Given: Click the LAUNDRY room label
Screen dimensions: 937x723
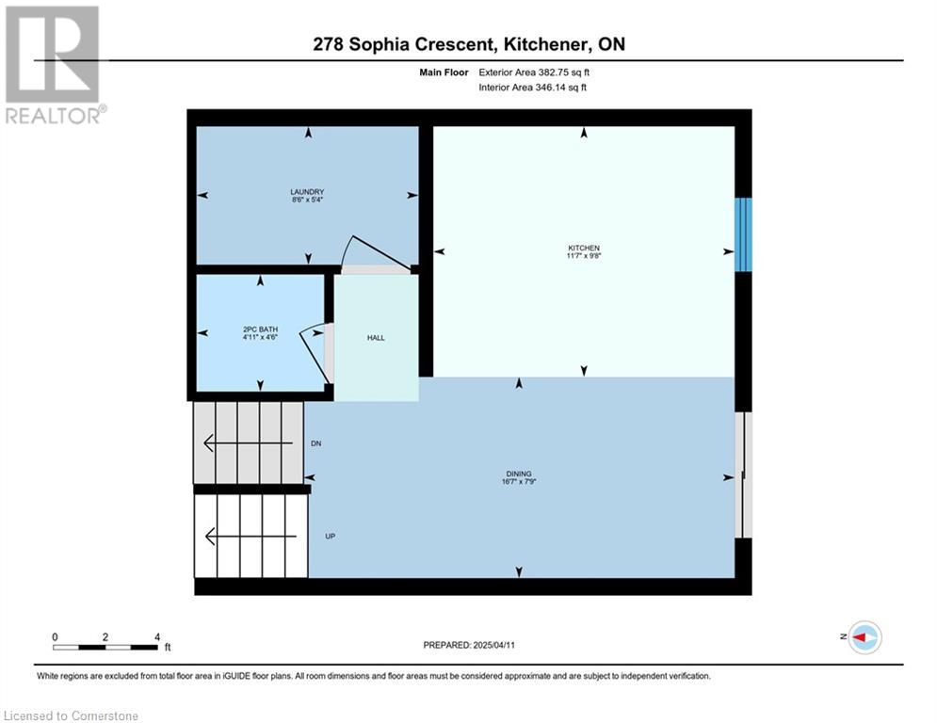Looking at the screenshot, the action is (307, 192).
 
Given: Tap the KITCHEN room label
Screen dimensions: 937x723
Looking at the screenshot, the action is (584, 248).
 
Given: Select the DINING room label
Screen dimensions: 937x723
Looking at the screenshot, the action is (519, 474).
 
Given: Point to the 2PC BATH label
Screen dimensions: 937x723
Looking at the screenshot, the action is (261, 329).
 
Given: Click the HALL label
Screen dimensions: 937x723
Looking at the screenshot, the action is (376, 338).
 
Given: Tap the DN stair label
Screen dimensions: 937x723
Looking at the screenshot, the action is (316, 443).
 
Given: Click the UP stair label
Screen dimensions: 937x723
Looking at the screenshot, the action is (330, 536).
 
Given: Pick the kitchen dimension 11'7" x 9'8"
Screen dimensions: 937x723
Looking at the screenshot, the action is (584, 256).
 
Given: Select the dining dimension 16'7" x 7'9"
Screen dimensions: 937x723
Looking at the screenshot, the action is (519, 482).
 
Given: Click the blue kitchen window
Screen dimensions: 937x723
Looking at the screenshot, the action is (743, 234).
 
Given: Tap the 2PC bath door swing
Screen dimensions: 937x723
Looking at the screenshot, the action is (315, 353).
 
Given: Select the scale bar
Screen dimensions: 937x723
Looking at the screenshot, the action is (105, 647).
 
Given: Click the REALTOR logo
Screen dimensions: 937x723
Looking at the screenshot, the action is (54, 65).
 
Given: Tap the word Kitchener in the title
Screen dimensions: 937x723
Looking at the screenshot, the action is (547, 44).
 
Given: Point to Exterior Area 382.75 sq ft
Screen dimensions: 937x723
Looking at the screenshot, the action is (534, 72).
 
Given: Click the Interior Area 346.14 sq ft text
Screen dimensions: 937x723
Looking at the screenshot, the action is (532, 88).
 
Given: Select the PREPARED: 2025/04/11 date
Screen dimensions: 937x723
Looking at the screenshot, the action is (469, 645).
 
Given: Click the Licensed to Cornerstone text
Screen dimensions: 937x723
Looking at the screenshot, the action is (71, 715).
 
